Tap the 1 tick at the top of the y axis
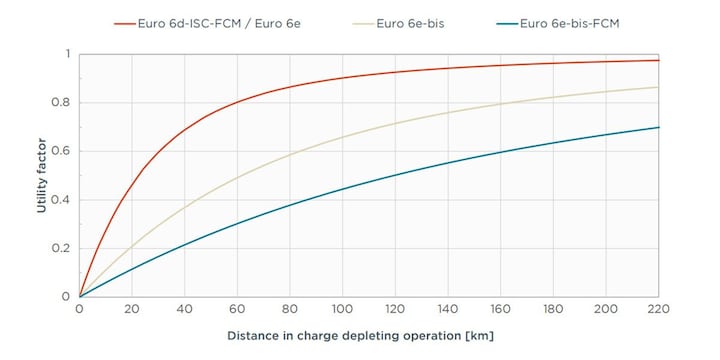coord(67,54)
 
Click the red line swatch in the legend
coord(123,22)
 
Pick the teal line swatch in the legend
coord(506,22)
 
